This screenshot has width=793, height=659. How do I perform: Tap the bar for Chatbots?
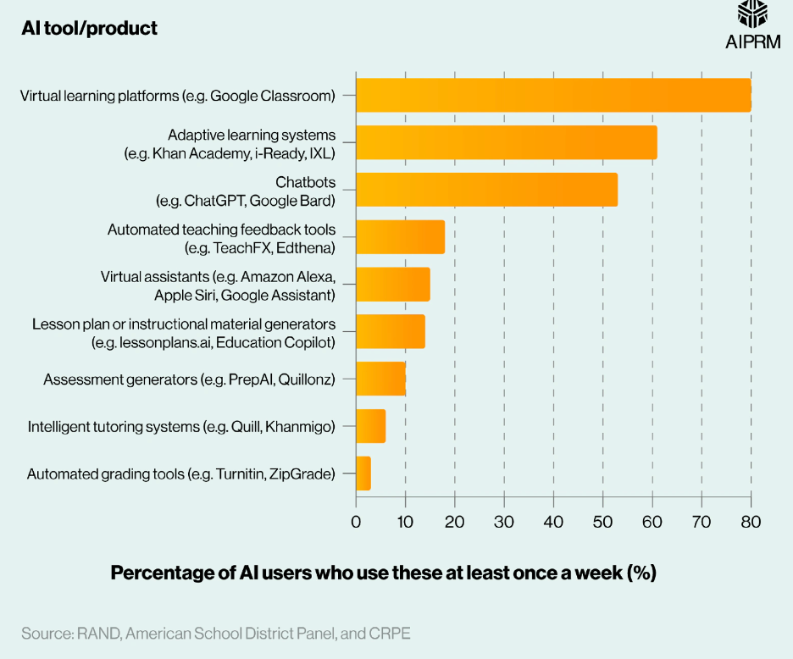tap(486, 190)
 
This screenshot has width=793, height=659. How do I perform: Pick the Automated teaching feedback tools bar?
tap(400, 237)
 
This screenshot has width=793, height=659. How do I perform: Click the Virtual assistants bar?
tap(393, 285)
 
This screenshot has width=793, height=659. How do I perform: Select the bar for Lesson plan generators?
tap(391, 331)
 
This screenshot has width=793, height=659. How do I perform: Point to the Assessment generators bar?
tap(380, 379)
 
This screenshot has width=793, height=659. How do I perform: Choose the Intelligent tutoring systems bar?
tap(371, 426)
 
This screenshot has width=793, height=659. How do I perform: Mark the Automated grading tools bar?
tap(363, 473)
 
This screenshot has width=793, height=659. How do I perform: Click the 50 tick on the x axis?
tap(603, 521)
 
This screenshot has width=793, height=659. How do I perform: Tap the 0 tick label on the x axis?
tap(356, 521)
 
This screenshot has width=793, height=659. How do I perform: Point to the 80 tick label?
tap(751, 521)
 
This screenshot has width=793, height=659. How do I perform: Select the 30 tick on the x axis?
tap(504, 521)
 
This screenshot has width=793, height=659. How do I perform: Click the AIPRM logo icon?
tap(752, 15)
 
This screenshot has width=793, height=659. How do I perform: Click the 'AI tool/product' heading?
tap(89, 28)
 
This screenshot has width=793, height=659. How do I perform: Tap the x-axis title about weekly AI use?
tap(384, 573)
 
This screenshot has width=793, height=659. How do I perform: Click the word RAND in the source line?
tap(97, 633)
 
